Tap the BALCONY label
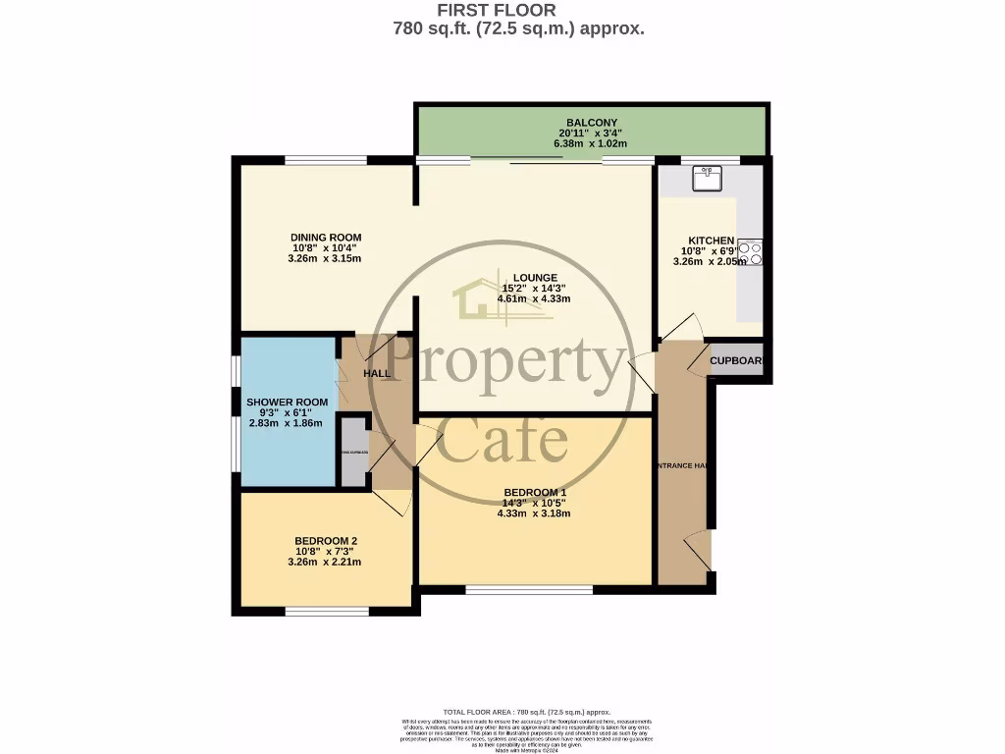(591, 123)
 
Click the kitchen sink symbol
(707, 178)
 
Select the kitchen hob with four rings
(751, 252)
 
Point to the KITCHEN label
(711, 241)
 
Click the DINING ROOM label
(326, 238)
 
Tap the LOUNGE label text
(534, 277)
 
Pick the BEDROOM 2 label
(326, 541)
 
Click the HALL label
(377, 374)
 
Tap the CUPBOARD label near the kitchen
(736, 360)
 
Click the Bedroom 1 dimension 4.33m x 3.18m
(534, 513)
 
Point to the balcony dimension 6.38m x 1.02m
(591, 143)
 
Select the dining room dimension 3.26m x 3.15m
(326, 259)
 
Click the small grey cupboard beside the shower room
(353, 452)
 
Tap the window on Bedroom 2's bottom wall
(327, 612)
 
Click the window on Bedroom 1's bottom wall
(529, 590)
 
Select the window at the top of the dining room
(326, 160)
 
